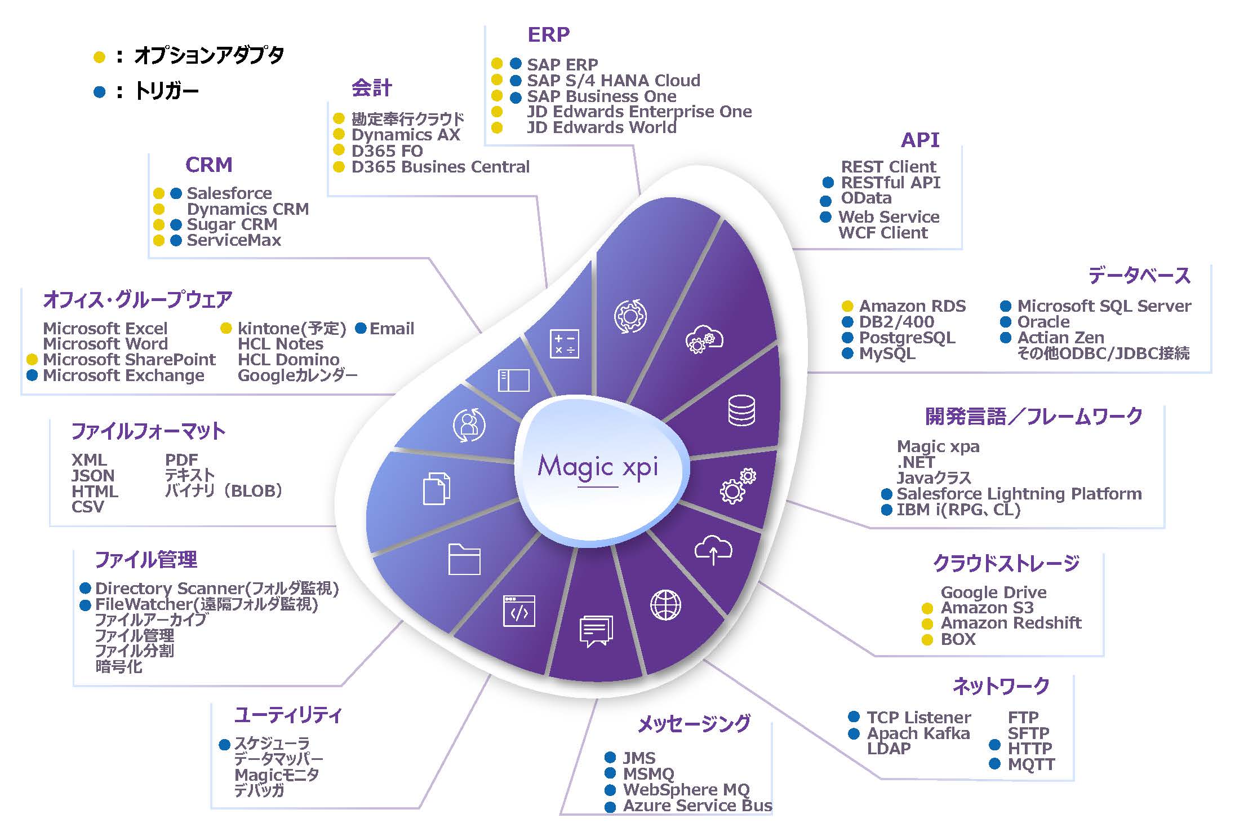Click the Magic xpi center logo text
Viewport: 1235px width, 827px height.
click(x=598, y=467)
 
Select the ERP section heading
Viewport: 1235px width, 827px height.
click(x=548, y=35)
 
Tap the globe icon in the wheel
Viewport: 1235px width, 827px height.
click(x=665, y=605)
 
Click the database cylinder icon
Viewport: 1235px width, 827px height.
click(x=741, y=410)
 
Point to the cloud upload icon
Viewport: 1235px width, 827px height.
click(x=713, y=549)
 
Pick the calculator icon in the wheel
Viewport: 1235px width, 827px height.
click(x=564, y=343)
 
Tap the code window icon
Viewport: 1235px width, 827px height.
click(x=519, y=611)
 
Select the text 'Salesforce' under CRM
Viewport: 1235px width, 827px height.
click(x=229, y=193)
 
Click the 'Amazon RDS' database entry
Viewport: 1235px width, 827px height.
click(x=912, y=306)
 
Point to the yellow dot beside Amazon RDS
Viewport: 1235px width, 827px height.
click(x=847, y=306)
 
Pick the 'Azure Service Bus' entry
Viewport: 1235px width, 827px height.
click(x=698, y=806)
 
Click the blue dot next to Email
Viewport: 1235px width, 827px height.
click(x=361, y=328)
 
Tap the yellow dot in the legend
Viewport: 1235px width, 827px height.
click(x=99, y=57)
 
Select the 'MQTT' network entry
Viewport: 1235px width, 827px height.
click(x=1031, y=764)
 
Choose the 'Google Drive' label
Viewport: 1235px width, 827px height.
click(x=993, y=592)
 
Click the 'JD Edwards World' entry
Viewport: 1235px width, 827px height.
click(x=602, y=127)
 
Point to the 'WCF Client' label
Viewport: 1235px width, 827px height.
click(x=883, y=233)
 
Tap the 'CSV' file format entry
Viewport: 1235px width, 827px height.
click(x=88, y=507)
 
